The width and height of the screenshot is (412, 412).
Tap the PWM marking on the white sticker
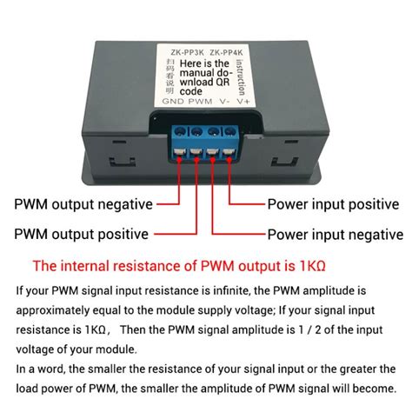click(199, 101)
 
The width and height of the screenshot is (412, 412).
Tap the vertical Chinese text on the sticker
click(169, 76)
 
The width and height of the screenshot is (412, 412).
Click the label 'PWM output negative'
click(83, 205)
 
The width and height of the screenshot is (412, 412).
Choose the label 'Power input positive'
click(334, 205)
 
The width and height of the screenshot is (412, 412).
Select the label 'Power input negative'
click(335, 235)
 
